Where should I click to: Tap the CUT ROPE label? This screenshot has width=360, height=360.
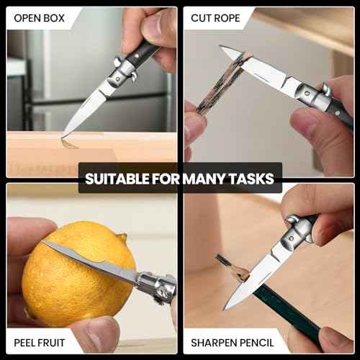click(214, 18)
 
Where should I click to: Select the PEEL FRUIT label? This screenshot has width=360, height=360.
click(39, 342)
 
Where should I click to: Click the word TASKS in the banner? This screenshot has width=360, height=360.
click(251, 178)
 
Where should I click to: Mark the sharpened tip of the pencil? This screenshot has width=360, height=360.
click(220, 258)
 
